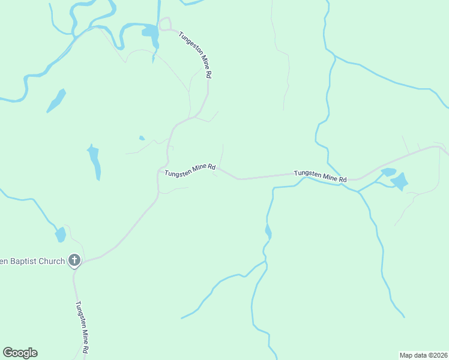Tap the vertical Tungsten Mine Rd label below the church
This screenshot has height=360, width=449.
(x=82, y=326)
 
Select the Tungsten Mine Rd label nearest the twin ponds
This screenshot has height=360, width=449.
(x=320, y=176)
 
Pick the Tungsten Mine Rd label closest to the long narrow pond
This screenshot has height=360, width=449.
(x=190, y=170)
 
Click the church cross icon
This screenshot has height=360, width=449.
(x=74, y=260)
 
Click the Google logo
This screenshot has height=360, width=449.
(x=20, y=353)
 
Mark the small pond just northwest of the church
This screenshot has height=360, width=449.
(x=61, y=234)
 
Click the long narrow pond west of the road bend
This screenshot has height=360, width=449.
(x=94, y=162)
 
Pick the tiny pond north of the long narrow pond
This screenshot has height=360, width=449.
(x=142, y=138)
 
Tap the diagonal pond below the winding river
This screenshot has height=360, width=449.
(x=56, y=100)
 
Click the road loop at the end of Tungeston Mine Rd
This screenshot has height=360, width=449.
(x=164, y=23)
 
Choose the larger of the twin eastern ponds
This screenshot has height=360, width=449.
(x=399, y=181)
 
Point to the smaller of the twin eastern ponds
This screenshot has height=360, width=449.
(x=388, y=172)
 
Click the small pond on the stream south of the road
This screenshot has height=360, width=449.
(x=268, y=231)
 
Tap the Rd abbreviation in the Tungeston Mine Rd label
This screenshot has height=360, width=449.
(x=208, y=74)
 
